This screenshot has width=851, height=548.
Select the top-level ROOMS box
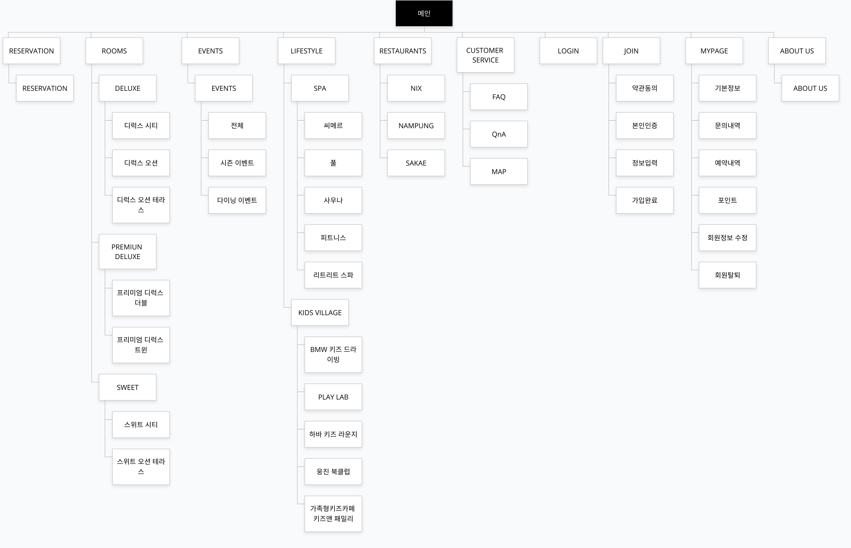click(114, 51)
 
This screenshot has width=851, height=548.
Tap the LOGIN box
click(568, 51)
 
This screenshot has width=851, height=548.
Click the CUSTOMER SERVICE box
click(485, 55)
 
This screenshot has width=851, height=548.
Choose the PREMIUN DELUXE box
click(127, 252)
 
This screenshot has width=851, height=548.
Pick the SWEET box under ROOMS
click(127, 387)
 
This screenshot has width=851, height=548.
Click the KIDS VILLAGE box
click(320, 312)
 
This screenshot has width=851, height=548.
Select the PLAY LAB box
click(333, 397)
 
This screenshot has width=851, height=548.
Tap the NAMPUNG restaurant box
click(416, 126)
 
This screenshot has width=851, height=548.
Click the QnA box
click(499, 134)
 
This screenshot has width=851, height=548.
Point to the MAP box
click(499, 171)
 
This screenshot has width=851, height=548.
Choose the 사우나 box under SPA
click(333, 200)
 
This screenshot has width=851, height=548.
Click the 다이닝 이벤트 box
click(237, 200)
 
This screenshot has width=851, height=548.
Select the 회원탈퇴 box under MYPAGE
click(727, 275)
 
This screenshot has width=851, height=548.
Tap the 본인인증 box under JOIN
click(645, 126)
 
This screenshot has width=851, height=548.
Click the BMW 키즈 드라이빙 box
click(333, 354)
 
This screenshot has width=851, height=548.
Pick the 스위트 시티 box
click(141, 425)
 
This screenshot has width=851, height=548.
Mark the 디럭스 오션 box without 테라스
click(141, 163)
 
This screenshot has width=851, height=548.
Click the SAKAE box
click(416, 163)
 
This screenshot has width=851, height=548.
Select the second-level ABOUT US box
click(810, 88)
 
